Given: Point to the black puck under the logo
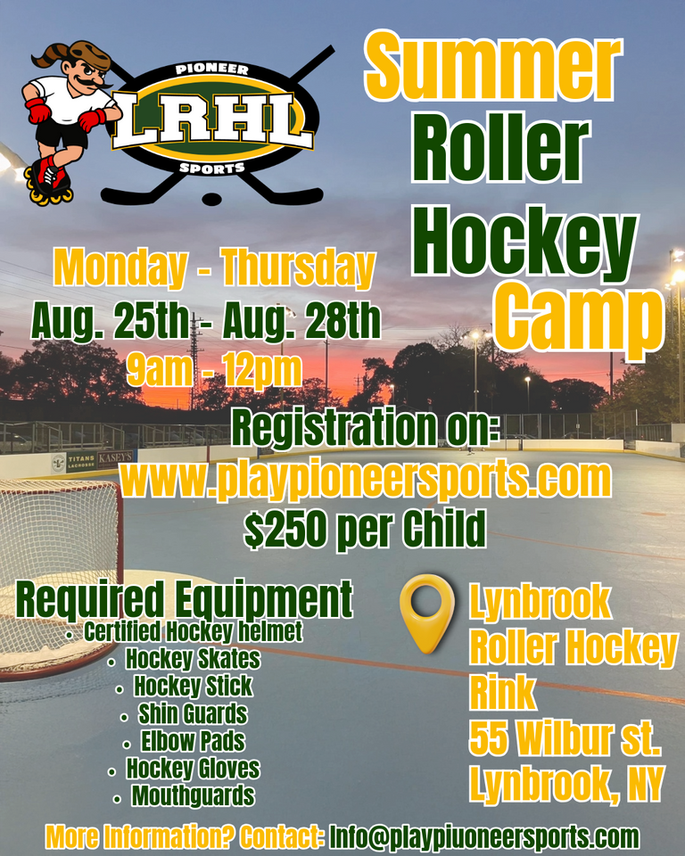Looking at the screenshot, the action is pyautogui.click(x=211, y=198).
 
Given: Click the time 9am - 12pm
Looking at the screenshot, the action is pyautogui.click(x=215, y=369).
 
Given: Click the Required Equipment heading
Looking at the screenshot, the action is pyautogui.click(x=184, y=599).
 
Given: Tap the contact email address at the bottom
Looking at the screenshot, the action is pyautogui.click(x=484, y=837).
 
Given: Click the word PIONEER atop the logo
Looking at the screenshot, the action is pyautogui.click(x=212, y=70).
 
